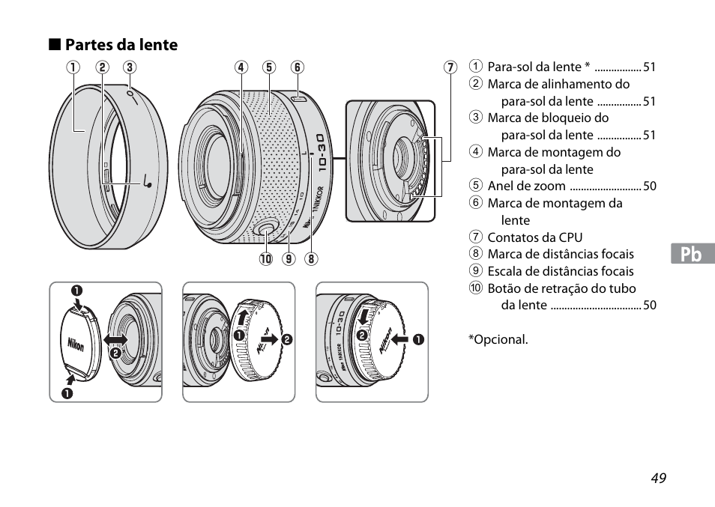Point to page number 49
click(658, 479)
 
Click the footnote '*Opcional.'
click(498, 339)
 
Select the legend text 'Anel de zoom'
click(527, 186)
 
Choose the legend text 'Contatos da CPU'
click(534, 237)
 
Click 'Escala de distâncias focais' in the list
click(560, 271)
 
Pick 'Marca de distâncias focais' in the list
click(560, 254)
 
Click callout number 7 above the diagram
click(450, 67)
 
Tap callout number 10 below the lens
click(265, 261)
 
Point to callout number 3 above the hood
click(129, 67)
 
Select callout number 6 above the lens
click(297, 67)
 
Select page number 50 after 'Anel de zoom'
click(649, 186)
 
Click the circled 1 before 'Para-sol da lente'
click(475, 67)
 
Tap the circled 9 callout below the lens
click(288, 261)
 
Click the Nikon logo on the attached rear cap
click(384, 341)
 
